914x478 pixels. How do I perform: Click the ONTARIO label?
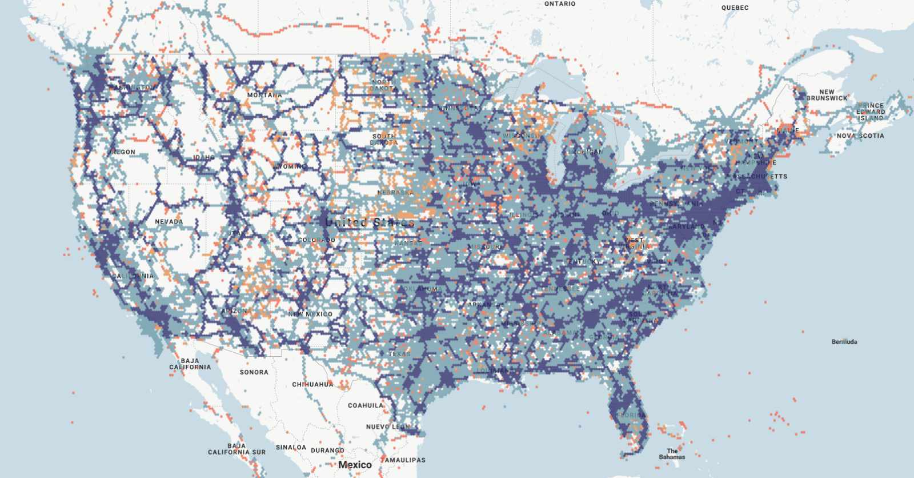click(560, 4)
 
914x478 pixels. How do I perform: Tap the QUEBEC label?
click(735, 8)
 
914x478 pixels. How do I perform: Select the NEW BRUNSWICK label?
click(827, 95)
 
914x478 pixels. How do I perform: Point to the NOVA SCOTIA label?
click(860, 136)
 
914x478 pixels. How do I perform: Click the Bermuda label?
click(844, 342)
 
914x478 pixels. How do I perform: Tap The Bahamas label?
click(672, 454)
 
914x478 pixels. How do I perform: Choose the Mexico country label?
click(355, 465)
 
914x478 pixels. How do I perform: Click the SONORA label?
click(254, 372)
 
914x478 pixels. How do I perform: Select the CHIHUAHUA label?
click(312, 385)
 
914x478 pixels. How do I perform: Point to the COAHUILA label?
click(366, 405)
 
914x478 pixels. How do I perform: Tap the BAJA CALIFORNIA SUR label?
click(236, 449)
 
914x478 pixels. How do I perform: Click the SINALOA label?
click(291, 448)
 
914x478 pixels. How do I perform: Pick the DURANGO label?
click(328, 451)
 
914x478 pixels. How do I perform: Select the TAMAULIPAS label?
click(404, 460)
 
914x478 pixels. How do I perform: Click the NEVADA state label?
click(169, 222)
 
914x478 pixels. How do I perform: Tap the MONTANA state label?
click(264, 95)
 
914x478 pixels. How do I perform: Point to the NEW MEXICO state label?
click(310, 314)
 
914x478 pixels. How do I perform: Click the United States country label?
click(370, 222)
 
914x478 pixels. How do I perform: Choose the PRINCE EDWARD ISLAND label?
click(871, 111)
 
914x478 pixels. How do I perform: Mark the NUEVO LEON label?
click(387, 427)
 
